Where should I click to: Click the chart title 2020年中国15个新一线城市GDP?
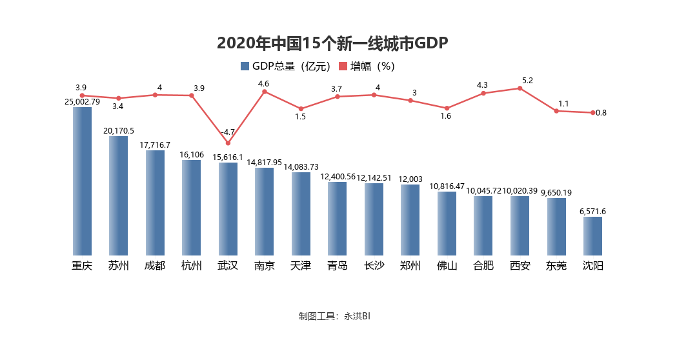pyautogui.click(x=332, y=43)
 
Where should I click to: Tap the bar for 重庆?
pyautogui.click(x=82, y=181)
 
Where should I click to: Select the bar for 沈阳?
pyautogui.click(x=592, y=235)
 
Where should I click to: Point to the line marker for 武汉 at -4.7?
pyautogui.click(x=228, y=143)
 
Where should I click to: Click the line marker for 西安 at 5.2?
pyautogui.click(x=520, y=88)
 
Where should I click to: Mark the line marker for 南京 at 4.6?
pyautogui.click(x=264, y=92)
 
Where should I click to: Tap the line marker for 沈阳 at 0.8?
pyautogui.click(x=592, y=113)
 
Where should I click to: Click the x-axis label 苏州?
pyautogui.click(x=118, y=266)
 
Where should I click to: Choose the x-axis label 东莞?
pyautogui.click(x=556, y=266)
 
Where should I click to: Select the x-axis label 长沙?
pyautogui.click(x=374, y=266)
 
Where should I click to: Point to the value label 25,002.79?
pyautogui.click(x=82, y=101)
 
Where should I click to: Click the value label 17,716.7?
pyautogui.click(x=155, y=145)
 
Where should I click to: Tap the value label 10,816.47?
pyautogui.click(x=447, y=186)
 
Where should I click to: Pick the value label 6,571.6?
pyautogui.click(x=592, y=211)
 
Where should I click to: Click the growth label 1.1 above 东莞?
pyautogui.click(x=563, y=103)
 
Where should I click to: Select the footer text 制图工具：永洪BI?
pyautogui.click(x=334, y=316)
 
